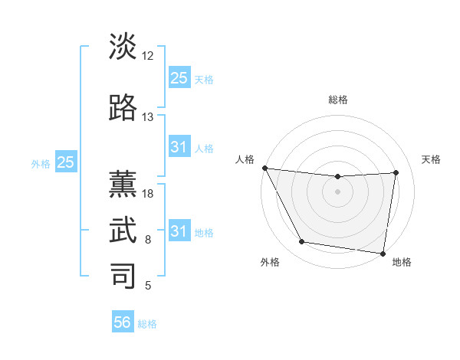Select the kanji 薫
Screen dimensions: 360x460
coord(123,185)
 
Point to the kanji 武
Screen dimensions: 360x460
coord(123,231)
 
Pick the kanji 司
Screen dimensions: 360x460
coord(123,275)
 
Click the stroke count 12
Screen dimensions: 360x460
coord(148,56)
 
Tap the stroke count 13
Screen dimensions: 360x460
coord(148,117)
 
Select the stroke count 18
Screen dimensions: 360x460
coord(148,195)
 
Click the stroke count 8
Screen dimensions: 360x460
coord(148,241)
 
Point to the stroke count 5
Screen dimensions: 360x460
coord(148,286)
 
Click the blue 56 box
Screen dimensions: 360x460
coord(123,322)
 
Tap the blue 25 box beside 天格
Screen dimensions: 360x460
coord(179,77)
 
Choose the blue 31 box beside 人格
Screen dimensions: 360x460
coord(179,147)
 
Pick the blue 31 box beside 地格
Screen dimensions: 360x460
coord(179,231)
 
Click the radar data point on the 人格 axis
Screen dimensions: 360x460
coord(264,168)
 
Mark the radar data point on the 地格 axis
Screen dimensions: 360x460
coord(383,253)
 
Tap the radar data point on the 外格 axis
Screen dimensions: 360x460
coord(301,242)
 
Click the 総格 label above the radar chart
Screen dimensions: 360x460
coord(337,100)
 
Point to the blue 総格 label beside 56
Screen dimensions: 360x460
coord(147,324)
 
